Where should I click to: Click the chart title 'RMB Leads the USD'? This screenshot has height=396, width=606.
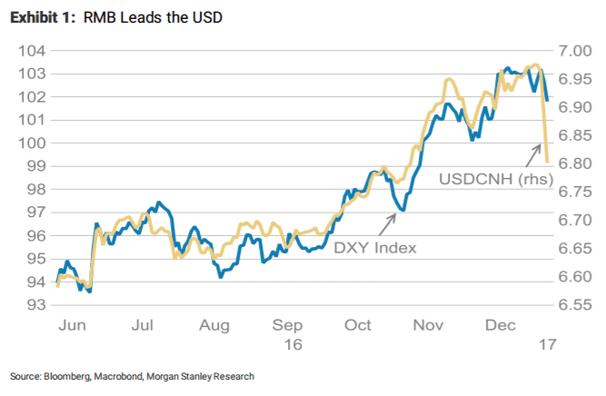[155, 17]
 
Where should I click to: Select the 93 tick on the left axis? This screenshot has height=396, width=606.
[34, 306]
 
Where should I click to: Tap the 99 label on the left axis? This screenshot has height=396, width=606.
[34, 166]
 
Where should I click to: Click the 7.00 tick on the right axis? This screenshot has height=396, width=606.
[574, 50]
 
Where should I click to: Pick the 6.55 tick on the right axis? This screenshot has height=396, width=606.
[574, 306]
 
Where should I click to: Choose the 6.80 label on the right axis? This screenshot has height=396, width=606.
[574, 163]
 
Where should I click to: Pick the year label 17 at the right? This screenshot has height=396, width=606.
[542, 344]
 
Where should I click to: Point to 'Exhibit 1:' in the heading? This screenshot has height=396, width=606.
[39, 17]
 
